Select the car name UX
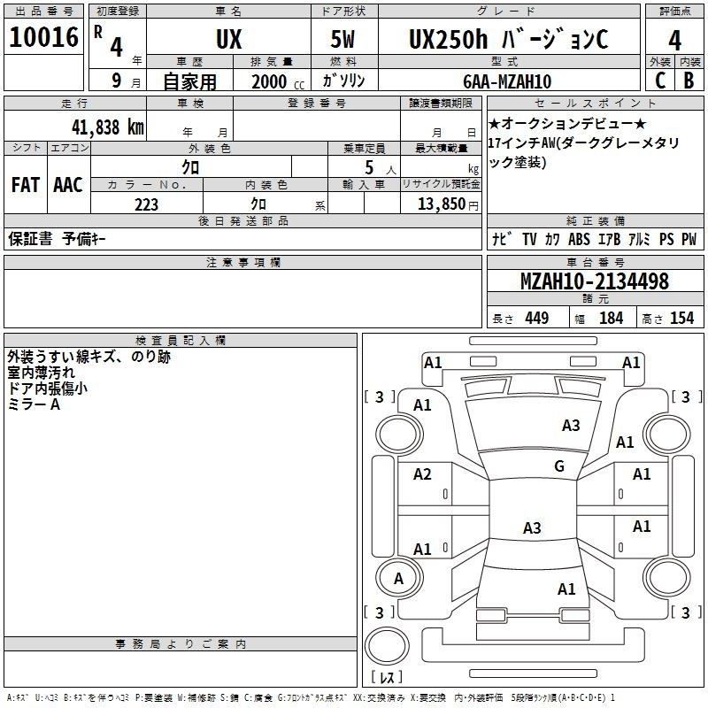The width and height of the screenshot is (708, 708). pyautogui.click(x=228, y=40)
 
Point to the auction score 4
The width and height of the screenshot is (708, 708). pyautogui.click(x=675, y=41)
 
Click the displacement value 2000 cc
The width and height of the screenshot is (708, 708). pyautogui.click(x=275, y=81)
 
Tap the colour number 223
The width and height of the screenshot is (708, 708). pyautogui.click(x=146, y=204)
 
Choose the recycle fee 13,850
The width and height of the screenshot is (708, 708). pyautogui.click(x=440, y=204)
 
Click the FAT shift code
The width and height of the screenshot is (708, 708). pyautogui.click(x=25, y=185)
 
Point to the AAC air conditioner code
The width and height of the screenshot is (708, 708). pyautogui.click(x=68, y=185)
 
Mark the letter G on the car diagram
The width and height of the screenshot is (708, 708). pyautogui.click(x=558, y=466)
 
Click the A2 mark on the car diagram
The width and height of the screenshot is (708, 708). pyautogui.click(x=422, y=474)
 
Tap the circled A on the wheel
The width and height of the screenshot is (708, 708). pyautogui.click(x=398, y=579)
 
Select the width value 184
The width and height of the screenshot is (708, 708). pyautogui.click(x=611, y=319)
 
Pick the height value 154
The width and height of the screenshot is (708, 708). pyautogui.click(x=681, y=319)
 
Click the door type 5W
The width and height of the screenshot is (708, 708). pyautogui.click(x=345, y=40)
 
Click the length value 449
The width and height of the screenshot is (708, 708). pyautogui.click(x=536, y=319)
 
